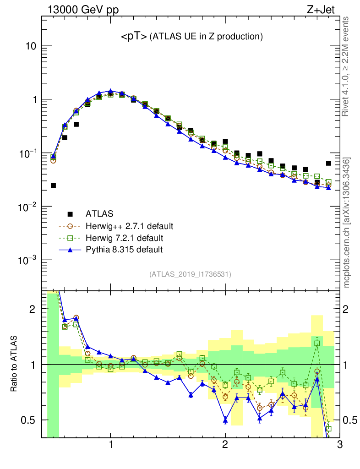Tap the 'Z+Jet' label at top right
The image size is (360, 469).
(x=326, y=10)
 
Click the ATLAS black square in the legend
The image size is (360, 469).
(x=70, y=213)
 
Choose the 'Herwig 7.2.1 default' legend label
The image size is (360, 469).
(x=124, y=238)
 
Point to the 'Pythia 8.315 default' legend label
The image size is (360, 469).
(x=124, y=250)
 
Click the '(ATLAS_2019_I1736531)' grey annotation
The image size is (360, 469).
(x=190, y=274)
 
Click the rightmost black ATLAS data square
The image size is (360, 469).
(x=328, y=163)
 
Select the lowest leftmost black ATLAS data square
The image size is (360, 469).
(x=53, y=185)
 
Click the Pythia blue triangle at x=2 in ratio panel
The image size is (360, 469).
(x=225, y=420)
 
